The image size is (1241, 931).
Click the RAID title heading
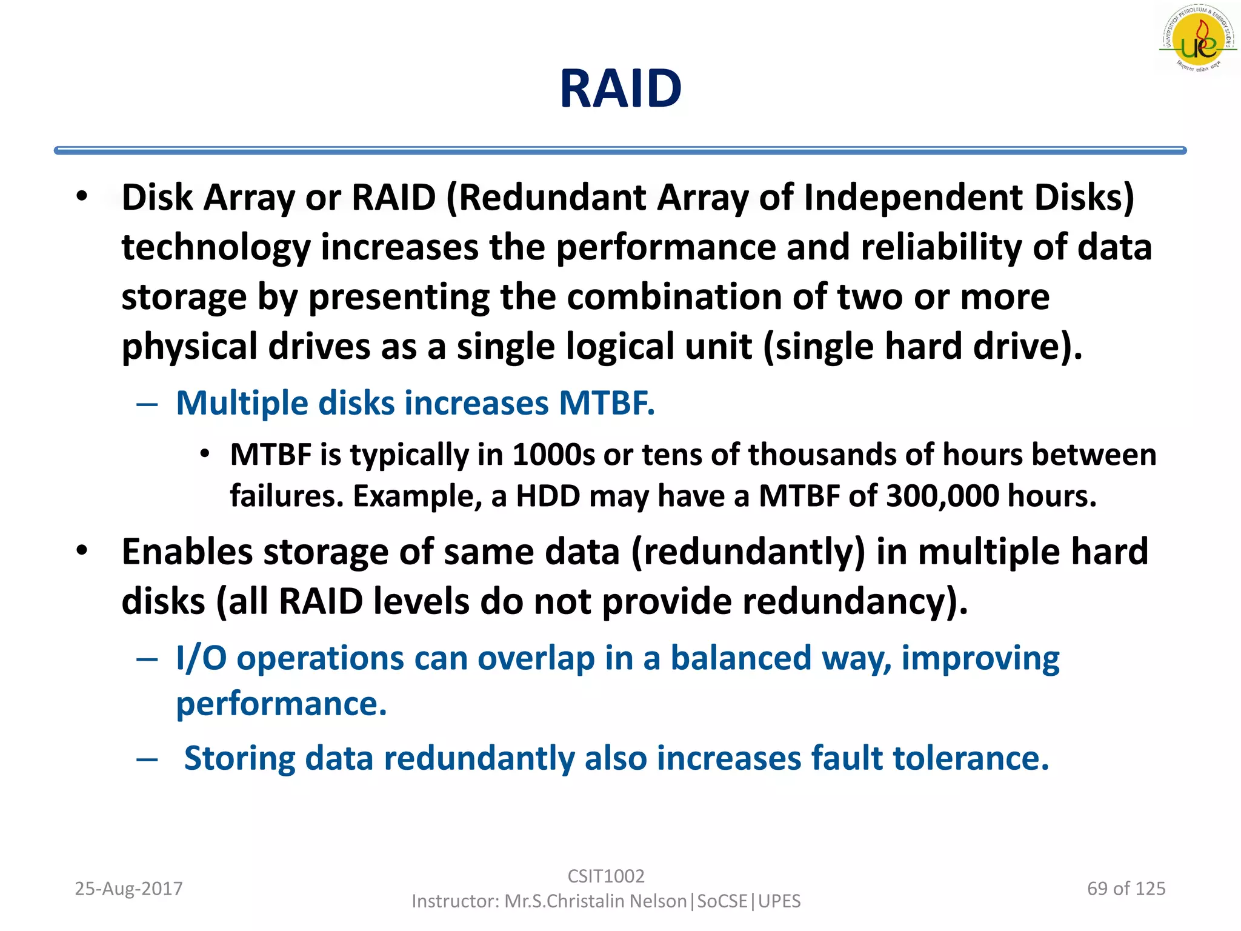tap(620, 89)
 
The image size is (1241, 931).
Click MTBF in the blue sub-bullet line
tap(606, 403)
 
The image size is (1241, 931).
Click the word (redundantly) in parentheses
tap(748, 552)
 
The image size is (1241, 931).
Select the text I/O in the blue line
tap(201, 658)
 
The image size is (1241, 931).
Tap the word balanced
tap(740, 658)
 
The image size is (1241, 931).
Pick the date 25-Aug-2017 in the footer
tap(128, 889)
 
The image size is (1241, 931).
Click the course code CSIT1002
tap(606, 876)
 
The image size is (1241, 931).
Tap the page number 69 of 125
tap(1126, 889)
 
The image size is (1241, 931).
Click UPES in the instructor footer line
tap(779, 901)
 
